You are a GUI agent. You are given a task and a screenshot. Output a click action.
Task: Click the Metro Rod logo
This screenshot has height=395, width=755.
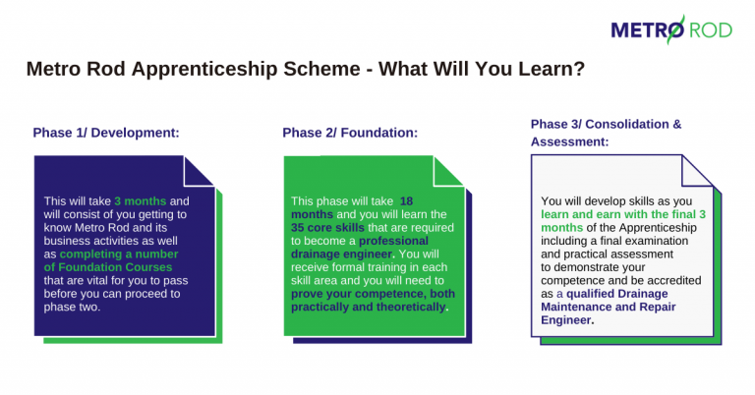point(671,30)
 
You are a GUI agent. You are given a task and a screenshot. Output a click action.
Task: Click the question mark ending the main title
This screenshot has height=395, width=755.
point(580,71)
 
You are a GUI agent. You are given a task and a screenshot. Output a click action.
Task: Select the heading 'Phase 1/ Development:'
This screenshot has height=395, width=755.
point(106,133)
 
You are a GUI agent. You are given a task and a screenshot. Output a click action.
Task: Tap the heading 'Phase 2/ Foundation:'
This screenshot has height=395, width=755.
point(350,133)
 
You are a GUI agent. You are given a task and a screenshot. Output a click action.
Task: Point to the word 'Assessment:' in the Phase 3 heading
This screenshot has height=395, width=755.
point(569,141)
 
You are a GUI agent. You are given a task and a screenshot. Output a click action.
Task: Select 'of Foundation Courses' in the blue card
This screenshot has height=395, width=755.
point(108,266)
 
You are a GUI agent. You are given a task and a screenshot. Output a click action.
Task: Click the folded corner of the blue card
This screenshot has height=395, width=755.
point(200,169)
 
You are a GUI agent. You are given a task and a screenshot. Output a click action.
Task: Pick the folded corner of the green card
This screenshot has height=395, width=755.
point(449,169)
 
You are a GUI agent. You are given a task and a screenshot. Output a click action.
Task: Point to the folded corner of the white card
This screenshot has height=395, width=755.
point(698,169)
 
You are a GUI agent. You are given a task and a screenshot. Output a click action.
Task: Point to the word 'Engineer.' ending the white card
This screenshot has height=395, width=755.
point(567,319)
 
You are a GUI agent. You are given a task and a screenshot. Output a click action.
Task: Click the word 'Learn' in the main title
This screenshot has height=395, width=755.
point(546,71)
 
